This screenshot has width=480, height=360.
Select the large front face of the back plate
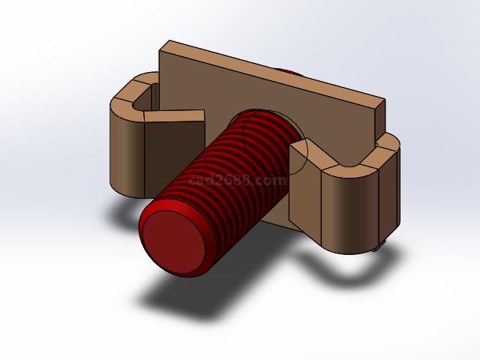click(x=225, y=90)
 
